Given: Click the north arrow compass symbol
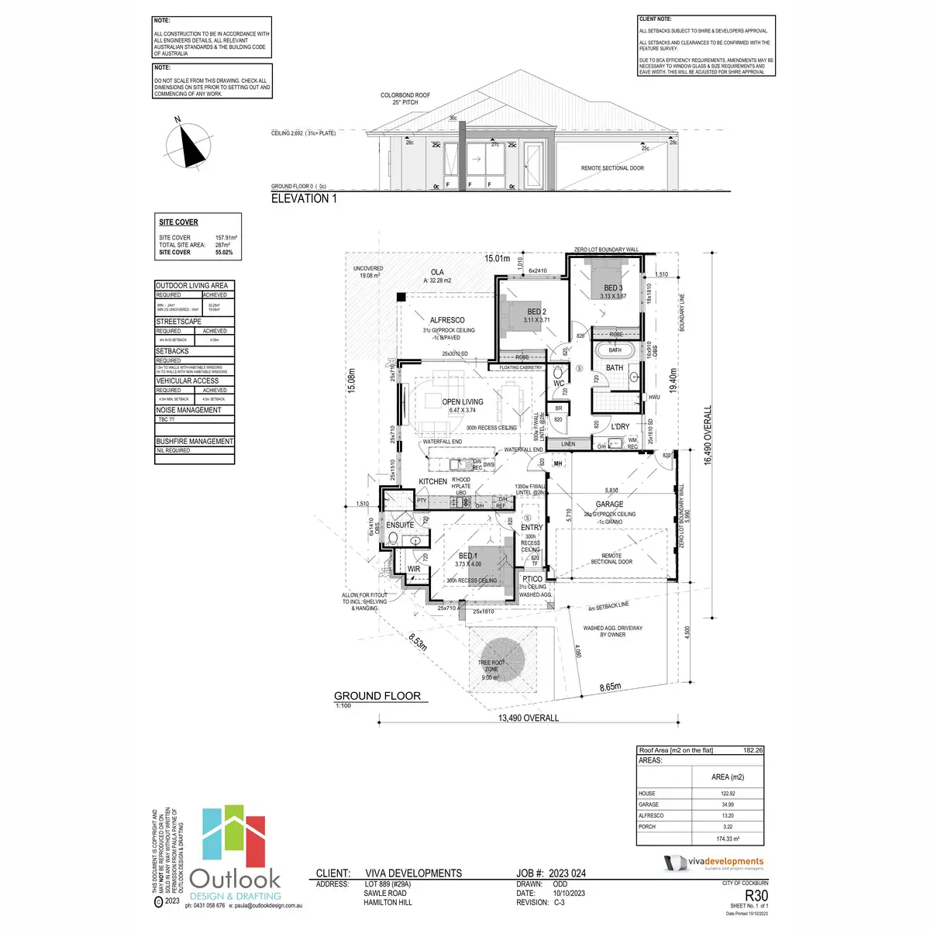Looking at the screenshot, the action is click(188, 144).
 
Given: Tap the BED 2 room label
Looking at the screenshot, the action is click(536, 312).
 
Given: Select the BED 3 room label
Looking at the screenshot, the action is click(613, 288).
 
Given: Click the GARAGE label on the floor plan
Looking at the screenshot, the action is click(610, 504).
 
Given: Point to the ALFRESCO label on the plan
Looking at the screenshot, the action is click(447, 320).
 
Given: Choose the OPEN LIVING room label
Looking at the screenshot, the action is click(463, 402).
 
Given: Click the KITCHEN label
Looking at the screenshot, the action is click(433, 481).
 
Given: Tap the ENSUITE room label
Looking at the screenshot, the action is click(400, 525).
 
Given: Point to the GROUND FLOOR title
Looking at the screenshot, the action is click(377, 696).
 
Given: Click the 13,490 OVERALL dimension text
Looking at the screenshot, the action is click(528, 718).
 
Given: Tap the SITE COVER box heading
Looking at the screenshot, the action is click(178, 222).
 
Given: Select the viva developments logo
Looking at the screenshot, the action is click(714, 863).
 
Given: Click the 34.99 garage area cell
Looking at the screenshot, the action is click(727, 804).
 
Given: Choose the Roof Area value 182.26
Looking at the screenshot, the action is click(753, 750).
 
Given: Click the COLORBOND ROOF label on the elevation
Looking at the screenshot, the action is click(405, 95).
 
